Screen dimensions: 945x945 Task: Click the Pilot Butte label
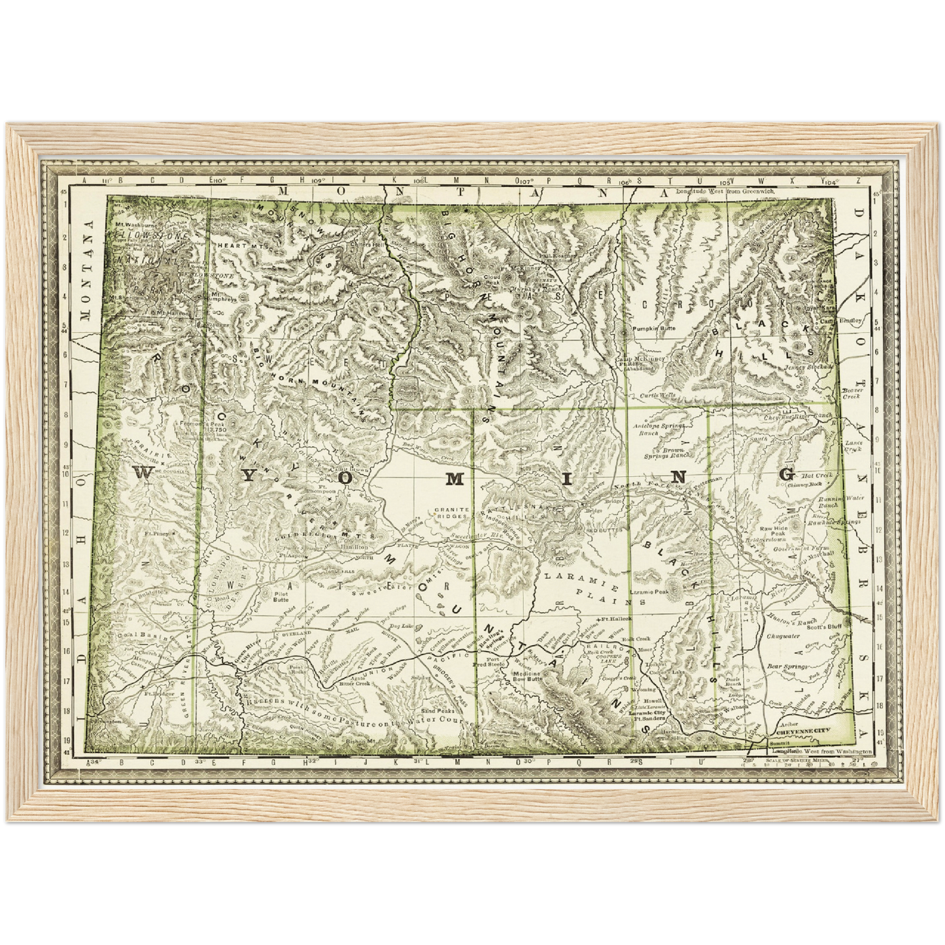click(x=280, y=595)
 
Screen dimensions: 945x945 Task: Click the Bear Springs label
click(x=783, y=666)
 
